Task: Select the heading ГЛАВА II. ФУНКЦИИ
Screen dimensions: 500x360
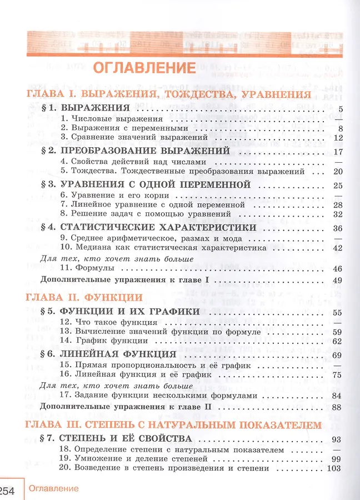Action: point(83,297)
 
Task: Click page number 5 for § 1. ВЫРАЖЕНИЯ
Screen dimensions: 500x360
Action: point(339,108)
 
